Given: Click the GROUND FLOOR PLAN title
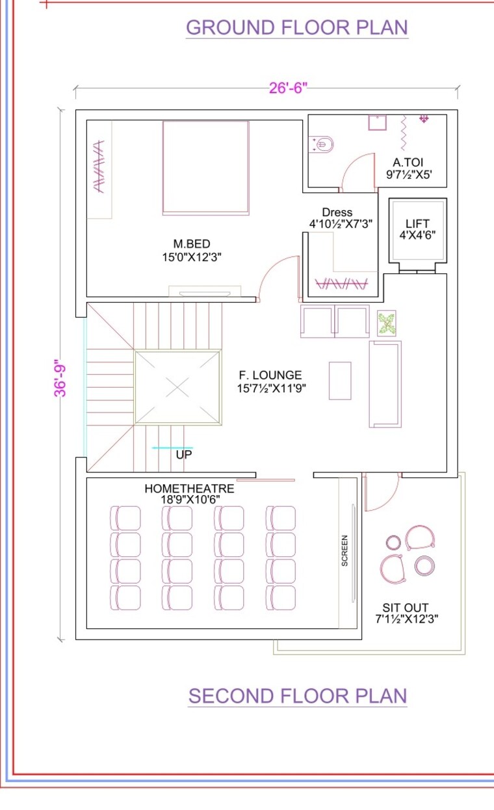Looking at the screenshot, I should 297,27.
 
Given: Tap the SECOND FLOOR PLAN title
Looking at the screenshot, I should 297,695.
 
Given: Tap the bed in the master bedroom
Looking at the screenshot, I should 205,167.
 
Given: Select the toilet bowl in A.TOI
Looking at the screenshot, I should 323,144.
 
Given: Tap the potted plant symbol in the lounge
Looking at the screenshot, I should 387,323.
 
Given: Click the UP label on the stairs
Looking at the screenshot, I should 184,455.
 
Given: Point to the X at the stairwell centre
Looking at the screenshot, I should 177,388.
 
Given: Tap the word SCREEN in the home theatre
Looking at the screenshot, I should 344,550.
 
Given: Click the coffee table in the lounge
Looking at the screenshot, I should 340,380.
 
